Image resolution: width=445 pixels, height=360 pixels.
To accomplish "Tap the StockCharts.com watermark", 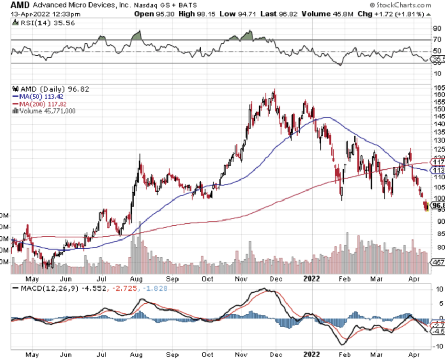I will [406, 5].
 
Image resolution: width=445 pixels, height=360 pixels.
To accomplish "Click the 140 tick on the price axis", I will [438, 124].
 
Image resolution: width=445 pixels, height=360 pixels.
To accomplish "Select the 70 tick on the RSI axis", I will [437, 39].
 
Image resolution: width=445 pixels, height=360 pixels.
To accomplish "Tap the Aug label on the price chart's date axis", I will [136, 279].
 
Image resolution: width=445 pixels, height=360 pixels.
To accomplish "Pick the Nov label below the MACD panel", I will [241, 354].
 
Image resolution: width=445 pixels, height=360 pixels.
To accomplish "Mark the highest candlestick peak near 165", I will [274, 91].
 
